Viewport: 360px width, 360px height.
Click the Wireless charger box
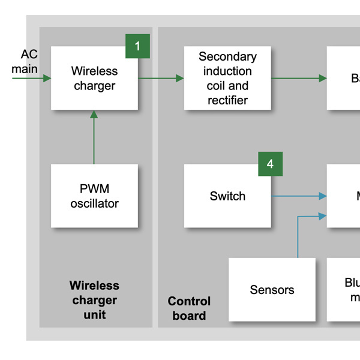tap(94, 78)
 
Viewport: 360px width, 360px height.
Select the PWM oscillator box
tap(94, 196)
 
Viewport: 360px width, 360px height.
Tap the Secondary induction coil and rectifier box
tap(227, 78)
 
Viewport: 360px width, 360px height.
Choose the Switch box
tap(227, 196)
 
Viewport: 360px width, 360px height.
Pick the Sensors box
tap(272, 290)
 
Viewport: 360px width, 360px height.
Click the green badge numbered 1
tap(137, 46)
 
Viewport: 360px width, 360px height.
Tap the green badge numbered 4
tap(270, 164)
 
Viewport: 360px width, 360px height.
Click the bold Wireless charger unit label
tap(94, 300)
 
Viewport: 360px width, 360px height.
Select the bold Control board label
tap(189, 308)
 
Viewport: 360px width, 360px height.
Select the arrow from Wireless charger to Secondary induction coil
tap(161, 79)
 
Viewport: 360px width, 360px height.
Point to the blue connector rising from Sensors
tap(298, 237)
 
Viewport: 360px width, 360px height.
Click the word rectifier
tap(227, 100)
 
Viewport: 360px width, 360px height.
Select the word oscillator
tap(94, 204)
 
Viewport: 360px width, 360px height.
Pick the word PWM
tap(94, 189)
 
